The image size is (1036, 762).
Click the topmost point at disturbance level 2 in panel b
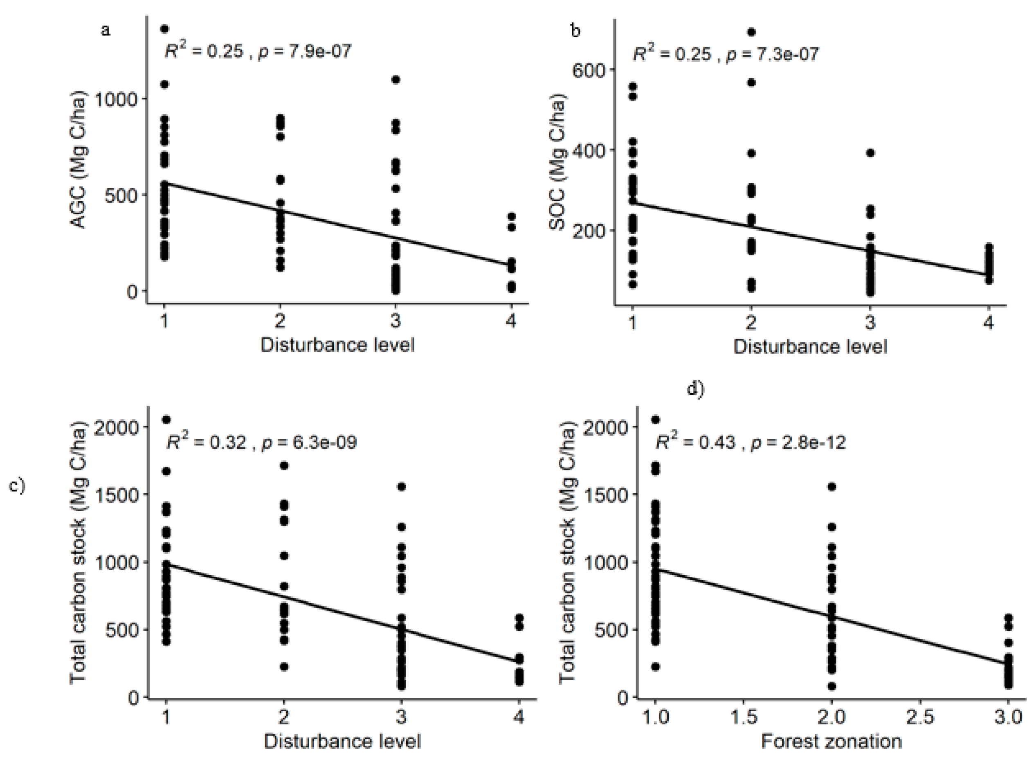(751, 32)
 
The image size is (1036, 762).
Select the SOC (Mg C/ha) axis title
(557, 164)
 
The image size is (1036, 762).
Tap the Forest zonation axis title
(831, 742)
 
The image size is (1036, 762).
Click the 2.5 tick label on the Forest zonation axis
(920, 717)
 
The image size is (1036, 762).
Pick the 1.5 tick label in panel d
(744, 717)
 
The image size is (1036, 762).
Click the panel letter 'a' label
(106, 30)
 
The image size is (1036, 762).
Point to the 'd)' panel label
(696, 389)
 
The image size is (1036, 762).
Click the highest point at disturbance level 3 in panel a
(396, 79)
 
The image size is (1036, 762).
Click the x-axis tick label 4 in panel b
(988, 322)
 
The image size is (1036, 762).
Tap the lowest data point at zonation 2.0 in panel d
(831, 686)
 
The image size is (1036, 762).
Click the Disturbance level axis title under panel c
(342, 742)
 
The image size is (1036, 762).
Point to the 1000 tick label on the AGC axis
(116, 99)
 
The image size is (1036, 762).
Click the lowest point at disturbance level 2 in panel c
(284, 667)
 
